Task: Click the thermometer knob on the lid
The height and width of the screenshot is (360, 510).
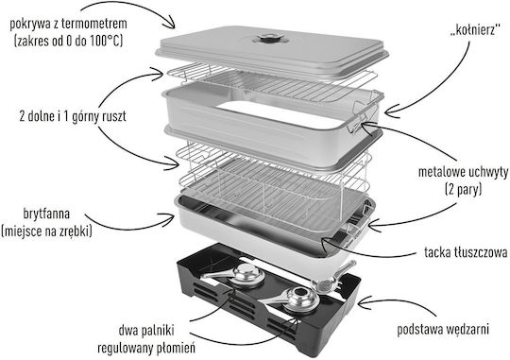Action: click(x=271, y=39)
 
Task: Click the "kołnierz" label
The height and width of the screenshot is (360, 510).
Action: click(x=474, y=30)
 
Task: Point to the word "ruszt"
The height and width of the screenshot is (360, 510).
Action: click(x=114, y=116)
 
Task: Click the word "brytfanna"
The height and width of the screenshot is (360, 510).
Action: click(x=46, y=214)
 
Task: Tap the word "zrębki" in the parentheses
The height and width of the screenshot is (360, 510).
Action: click(x=76, y=231)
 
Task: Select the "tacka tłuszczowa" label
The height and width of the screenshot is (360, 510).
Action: click(x=466, y=252)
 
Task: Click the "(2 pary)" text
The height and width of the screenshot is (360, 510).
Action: click(x=463, y=189)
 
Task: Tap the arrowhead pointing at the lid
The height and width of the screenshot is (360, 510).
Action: click(x=170, y=24)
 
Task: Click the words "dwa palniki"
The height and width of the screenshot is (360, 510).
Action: click(x=146, y=330)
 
